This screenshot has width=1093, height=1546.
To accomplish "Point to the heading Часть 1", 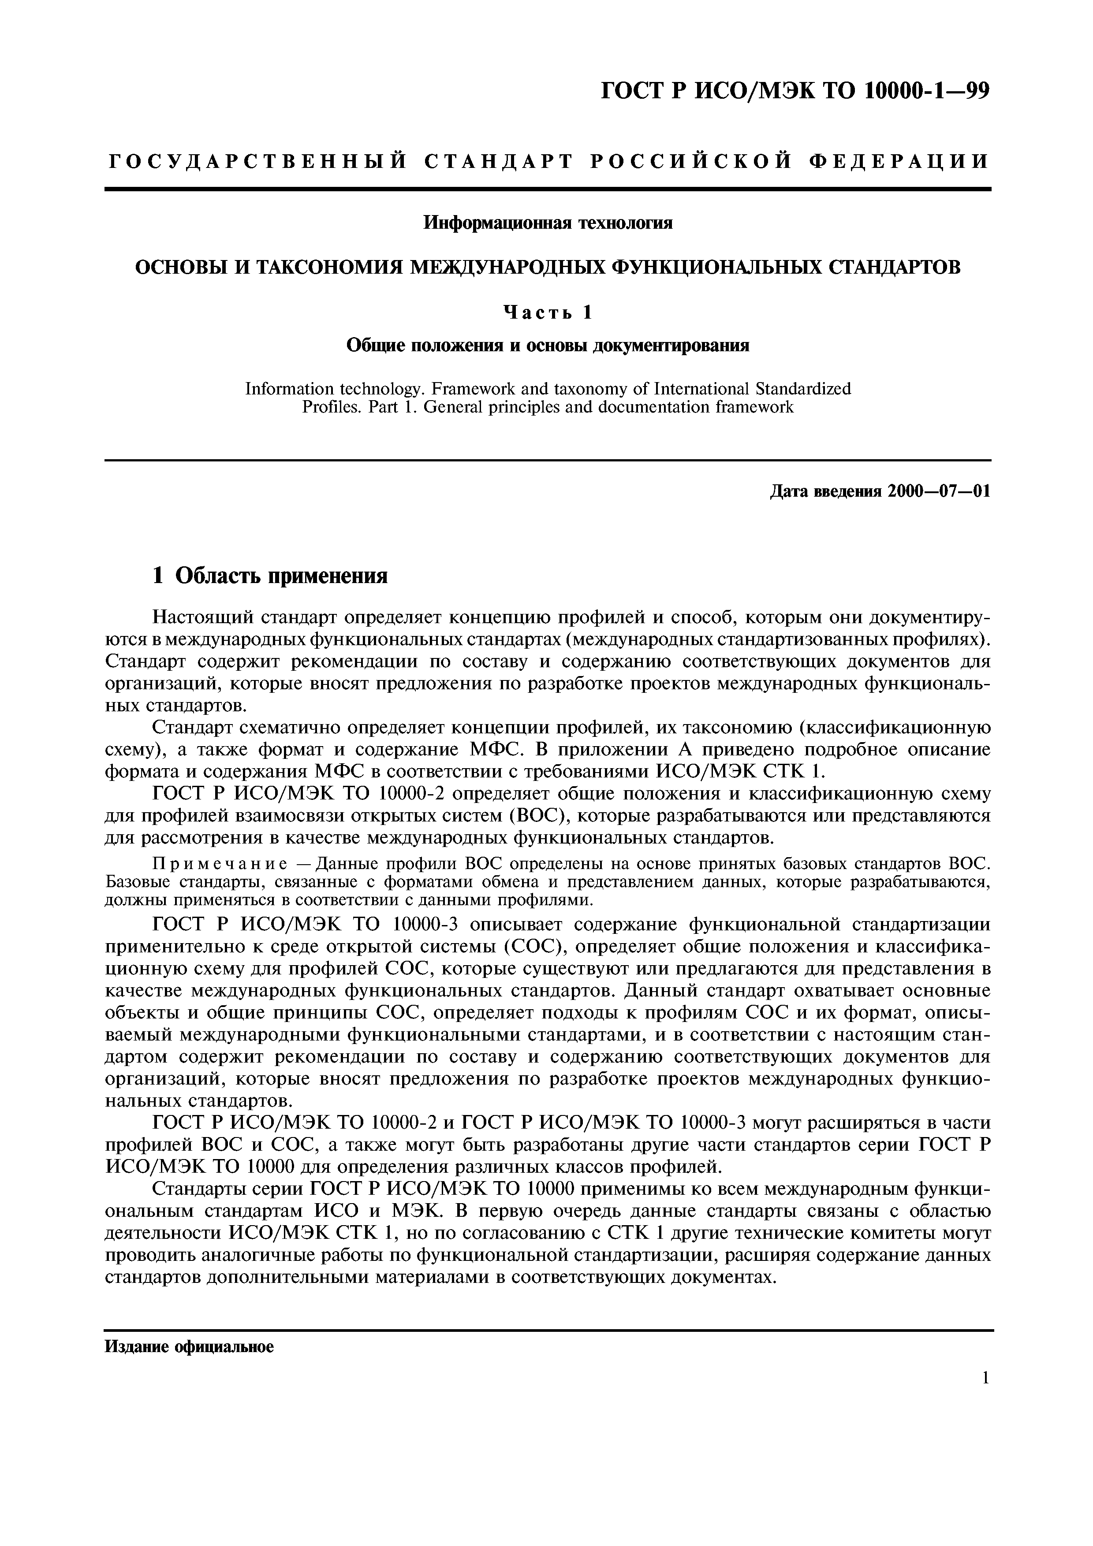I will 548,312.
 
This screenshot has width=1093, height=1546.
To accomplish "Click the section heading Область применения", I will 281,576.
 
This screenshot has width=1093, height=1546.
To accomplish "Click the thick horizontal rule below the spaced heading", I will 548,189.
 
